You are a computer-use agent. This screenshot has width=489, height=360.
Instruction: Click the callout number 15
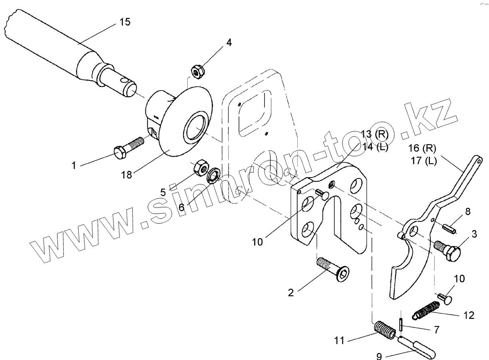pyautogui.click(x=125, y=22)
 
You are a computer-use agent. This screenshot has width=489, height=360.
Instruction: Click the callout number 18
pyautogui.click(x=127, y=175)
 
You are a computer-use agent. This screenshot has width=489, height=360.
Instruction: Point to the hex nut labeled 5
pyautogui.click(x=200, y=169)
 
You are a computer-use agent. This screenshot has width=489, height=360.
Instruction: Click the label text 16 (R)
pyautogui.click(x=422, y=148)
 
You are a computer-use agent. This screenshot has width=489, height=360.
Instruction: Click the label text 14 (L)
pyautogui.click(x=374, y=147)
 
